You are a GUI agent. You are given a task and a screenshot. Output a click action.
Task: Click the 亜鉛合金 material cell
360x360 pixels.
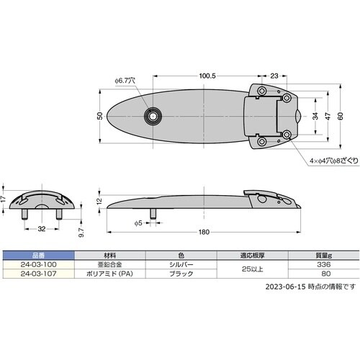click(110, 264)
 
